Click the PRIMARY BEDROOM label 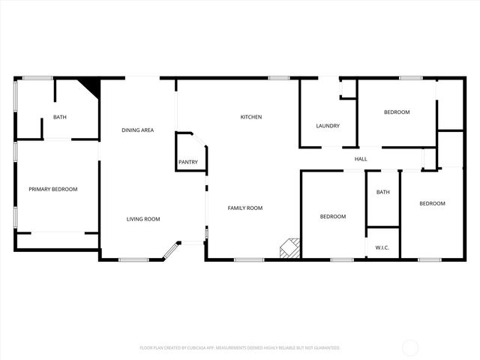click(x=52, y=189)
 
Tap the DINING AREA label click(x=138, y=130)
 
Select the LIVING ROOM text click(x=143, y=219)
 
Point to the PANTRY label click(x=187, y=162)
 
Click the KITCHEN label click(x=250, y=117)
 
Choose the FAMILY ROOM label click(x=245, y=208)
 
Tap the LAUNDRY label click(x=328, y=126)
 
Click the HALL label click(x=361, y=159)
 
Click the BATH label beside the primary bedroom click(x=59, y=117)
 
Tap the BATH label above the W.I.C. click(x=383, y=192)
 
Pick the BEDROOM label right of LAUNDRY click(x=397, y=112)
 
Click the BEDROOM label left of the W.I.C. click(x=333, y=217)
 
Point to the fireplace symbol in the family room click(x=290, y=248)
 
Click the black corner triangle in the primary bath click(x=91, y=85)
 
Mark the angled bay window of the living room click(x=172, y=251)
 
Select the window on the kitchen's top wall click(x=279, y=77)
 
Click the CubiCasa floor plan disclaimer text click(x=240, y=348)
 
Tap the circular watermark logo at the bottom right click(x=410, y=347)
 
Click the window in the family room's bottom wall click(x=244, y=260)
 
